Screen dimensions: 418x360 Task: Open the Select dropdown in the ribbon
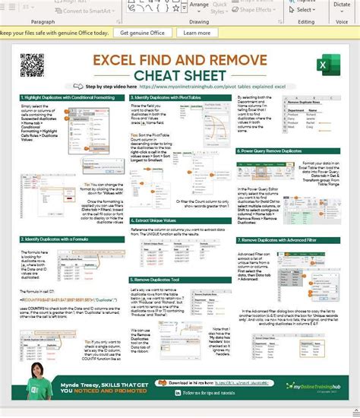pyautogui.click(x=306, y=10)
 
